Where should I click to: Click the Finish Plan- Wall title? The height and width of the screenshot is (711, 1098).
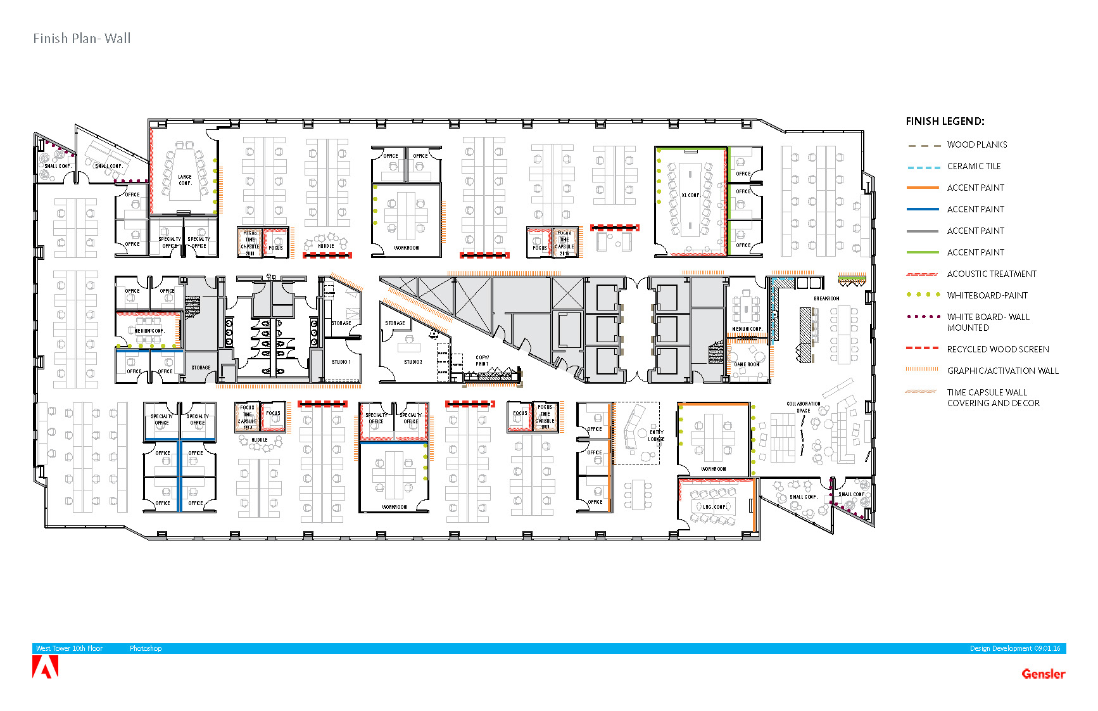pyautogui.click(x=82, y=39)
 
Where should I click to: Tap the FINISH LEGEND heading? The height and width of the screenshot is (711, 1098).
pyautogui.click(x=944, y=121)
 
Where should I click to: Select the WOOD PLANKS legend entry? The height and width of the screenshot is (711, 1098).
pyautogui.click(x=976, y=145)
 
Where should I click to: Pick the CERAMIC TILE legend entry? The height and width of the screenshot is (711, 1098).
pyautogui.click(x=973, y=167)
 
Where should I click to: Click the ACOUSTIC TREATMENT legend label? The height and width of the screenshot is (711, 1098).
pyautogui.click(x=991, y=274)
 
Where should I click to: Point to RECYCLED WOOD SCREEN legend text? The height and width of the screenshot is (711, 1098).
pyautogui.click(x=997, y=350)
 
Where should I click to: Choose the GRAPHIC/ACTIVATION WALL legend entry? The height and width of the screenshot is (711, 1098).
pyautogui.click(x=1002, y=371)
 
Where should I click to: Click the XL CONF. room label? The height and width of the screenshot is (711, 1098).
pyautogui.click(x=690, y=195)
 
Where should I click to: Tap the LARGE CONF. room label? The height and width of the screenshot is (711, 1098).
pyautogui.click(x=184, y=180)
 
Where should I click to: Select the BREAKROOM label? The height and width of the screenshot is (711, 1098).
pyautogui.click(x=826, y=298)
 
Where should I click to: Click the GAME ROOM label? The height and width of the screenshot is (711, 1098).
pyautogui.click(x=747, y=364)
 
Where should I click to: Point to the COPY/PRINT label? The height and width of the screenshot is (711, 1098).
pyautogui.click(x=482, y=361)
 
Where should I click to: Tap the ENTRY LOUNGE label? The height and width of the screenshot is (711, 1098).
pyautogui.click(x=656, y=435)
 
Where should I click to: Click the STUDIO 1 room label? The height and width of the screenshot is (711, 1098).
pyautogui.click(x=341, y=362)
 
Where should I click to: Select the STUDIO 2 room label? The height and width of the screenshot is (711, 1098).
pyautogui.click(x=413, y=362)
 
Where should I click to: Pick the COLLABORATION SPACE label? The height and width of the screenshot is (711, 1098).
pyautogui.click(x=803, y=407)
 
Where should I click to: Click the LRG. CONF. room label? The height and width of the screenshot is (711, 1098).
pyautogui.click(x=714, y=507)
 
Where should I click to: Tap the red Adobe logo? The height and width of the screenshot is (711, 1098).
pyautogui.click(x=45, y=667)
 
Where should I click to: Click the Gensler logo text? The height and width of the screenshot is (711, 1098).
pyautogui.click(x=1043, y=674)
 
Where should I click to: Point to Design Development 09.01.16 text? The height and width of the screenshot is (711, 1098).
pyautogui.click(x=1014, y=649)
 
